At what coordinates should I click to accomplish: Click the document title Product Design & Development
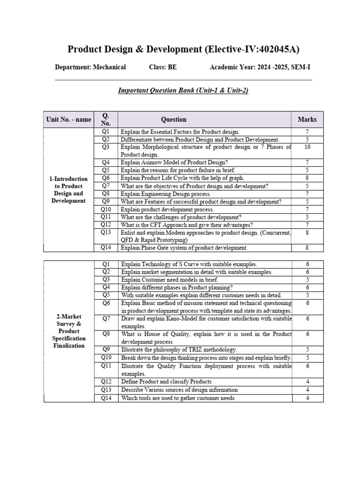(184, 49)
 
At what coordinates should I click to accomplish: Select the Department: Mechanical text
(90, 67)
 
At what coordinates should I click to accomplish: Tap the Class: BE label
(163, 67)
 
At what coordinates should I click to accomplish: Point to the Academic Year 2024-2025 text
(260, 67)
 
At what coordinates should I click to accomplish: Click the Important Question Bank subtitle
(183, 90)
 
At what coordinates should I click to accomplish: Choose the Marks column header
(307, 119)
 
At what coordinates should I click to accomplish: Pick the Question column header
(173, 119)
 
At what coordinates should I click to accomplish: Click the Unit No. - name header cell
(69, 119)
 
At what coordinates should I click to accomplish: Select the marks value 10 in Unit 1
(307, 147)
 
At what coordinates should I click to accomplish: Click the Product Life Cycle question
(182, 178)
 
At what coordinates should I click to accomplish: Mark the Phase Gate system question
(183, 247)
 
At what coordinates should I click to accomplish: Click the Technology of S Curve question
(189, 264)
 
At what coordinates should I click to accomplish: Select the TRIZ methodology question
(179, 349)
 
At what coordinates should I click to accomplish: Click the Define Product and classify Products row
(166, 382)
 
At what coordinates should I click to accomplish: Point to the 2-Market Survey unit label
(69, 331)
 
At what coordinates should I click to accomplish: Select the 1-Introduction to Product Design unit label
(69, 189)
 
